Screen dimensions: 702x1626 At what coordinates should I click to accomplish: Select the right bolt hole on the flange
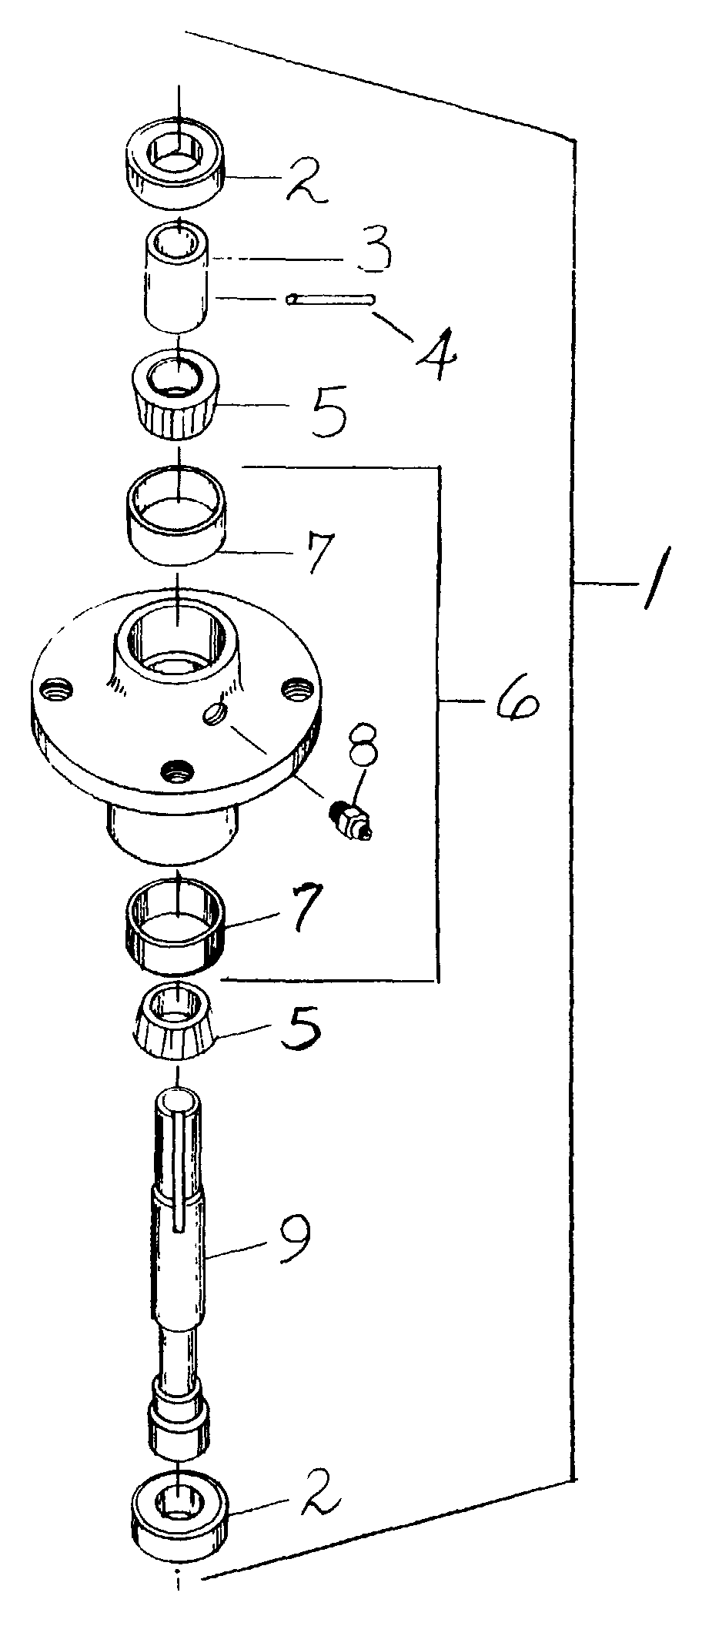click(298, 688)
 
